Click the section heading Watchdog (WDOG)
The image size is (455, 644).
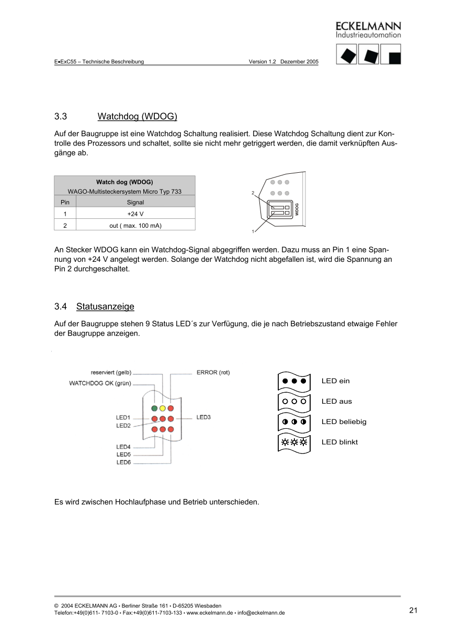(x=137, y=116)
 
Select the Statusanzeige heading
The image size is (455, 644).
(x=105, y=306)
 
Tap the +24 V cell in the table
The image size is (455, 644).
(x=135, y=214)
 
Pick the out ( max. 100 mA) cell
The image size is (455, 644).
(x=135, y=225)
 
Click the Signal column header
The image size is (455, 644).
(x=135, y=202)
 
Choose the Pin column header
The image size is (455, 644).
(x=65, y=202)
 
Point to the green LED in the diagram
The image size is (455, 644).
(x=154, y=408)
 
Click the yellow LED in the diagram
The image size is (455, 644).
(x=163, y=408)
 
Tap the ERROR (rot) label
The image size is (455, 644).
(x=213, y=372)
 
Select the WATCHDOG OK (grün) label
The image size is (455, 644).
(x=100, y=383)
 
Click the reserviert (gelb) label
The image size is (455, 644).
(x=111, y=373)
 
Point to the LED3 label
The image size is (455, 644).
(x=203, y=417)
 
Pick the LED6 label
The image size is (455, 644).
(x=123, y=462)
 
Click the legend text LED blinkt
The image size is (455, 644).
(x=339, y=442)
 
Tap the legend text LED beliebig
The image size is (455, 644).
(x=344, y=421)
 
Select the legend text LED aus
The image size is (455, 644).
(x=336, y=402)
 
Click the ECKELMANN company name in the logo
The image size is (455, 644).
(x=368, y=26)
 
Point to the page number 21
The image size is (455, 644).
(x=413, y=610)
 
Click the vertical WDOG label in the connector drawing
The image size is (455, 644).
(x=297, y=209)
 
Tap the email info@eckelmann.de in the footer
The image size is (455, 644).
(x=261, y=613)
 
